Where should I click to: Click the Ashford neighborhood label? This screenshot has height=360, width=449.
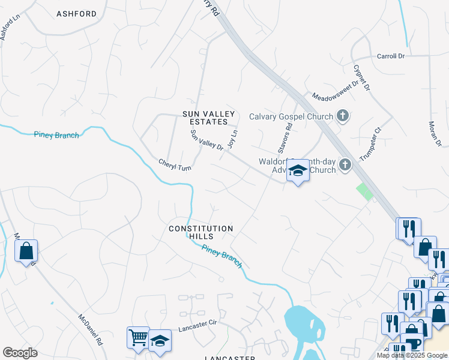(x=76, y=13)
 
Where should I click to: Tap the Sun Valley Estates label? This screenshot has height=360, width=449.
(x=206, y=117)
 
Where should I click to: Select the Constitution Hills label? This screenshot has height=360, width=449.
(x=200, y=232)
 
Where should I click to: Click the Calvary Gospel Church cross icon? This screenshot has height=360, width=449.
(x=343, y=116)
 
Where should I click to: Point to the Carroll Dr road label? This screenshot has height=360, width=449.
(x=391, y=56)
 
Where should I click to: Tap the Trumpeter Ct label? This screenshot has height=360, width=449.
(x=370, y=144)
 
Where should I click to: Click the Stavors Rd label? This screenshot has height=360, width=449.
(x=284, y=137)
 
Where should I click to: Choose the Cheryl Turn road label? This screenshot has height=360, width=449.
(x=175, y=165)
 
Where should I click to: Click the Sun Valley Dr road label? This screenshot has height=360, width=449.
(x=207, y=144)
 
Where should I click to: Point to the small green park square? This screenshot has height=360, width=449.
(x=364, y=191)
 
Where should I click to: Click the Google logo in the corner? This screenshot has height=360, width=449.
(x=20, y=353)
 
